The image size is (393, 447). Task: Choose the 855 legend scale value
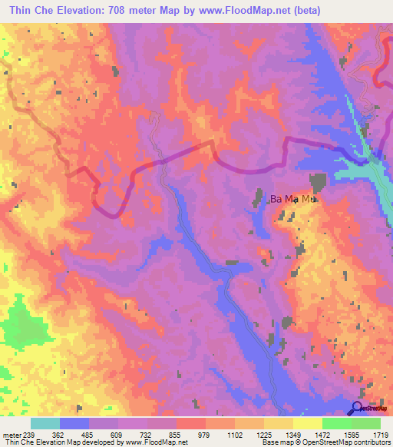coord(176,434)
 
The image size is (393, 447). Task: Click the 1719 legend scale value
coord(380,434)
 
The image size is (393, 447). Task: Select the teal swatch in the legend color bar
coord(45,423)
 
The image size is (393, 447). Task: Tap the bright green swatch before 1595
coord(336,423)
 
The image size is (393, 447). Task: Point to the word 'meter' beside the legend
coord(11,434)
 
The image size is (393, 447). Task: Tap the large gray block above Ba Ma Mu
coord(318,181)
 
